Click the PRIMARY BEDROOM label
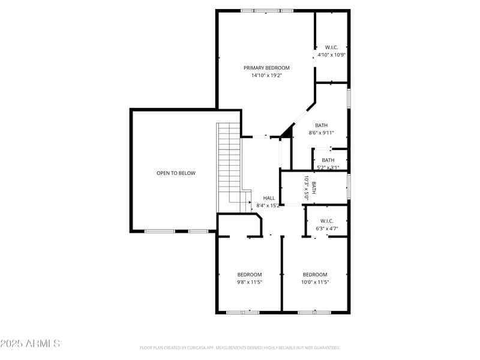[266, 68]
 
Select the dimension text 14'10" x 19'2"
[266, 76]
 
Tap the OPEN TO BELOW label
[176, 173]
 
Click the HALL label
[269, 198]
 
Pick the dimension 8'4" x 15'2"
[268, 206]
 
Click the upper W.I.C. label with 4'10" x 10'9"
[332, 47]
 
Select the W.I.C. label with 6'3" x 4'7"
[327, 221]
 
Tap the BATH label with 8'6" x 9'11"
[321, 125]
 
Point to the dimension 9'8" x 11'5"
[250, 282]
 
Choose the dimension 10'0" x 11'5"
[315, 282]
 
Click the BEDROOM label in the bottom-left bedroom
[250, 274]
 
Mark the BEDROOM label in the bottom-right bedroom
[315, 274]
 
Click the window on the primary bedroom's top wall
[267, 10]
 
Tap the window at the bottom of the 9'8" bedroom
[243, 312]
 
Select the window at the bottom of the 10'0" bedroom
[314, 312]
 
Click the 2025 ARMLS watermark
[30, 344]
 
